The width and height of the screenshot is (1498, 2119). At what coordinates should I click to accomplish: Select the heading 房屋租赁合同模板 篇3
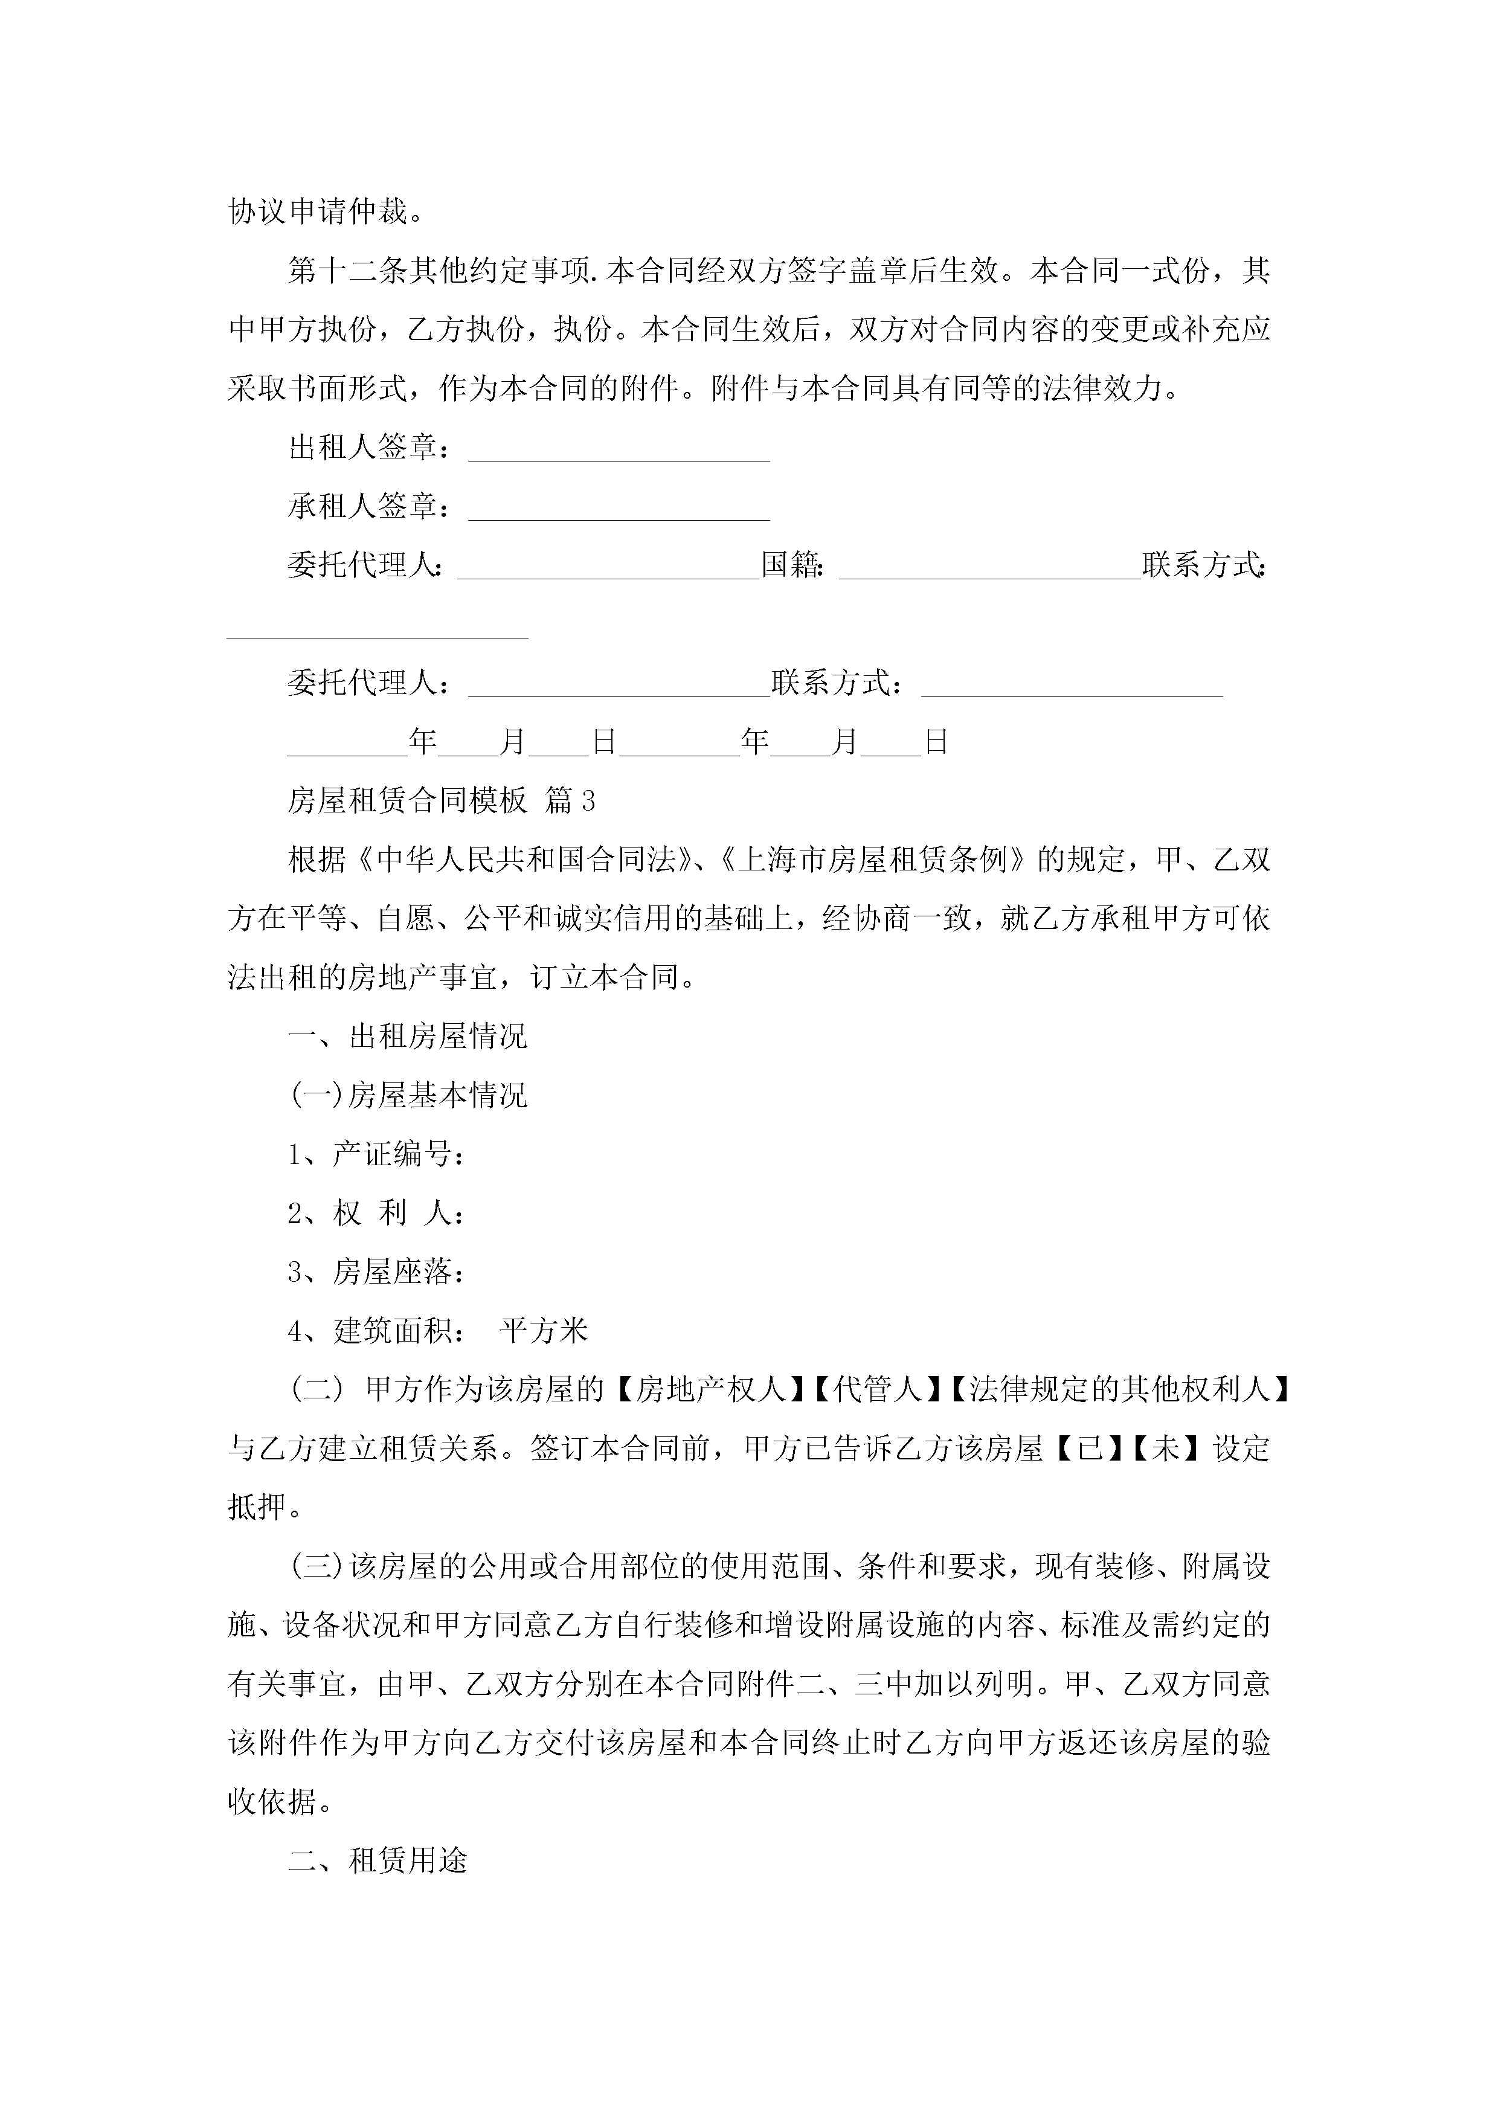[x=441, y=800]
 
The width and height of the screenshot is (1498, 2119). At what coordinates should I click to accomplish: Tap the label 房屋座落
[x=397, y=1272]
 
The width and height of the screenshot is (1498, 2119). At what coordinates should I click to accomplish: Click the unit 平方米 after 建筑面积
[x=544, y=1331]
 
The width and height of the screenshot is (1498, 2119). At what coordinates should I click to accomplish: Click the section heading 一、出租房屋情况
[x=407, y=1037]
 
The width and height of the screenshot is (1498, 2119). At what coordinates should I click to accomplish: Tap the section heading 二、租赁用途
[x=378, y=1860]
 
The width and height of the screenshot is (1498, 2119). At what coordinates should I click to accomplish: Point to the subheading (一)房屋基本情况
[x=407, y=1096]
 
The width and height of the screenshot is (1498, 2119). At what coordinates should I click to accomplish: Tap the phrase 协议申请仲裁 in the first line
[x=318, y=211]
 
